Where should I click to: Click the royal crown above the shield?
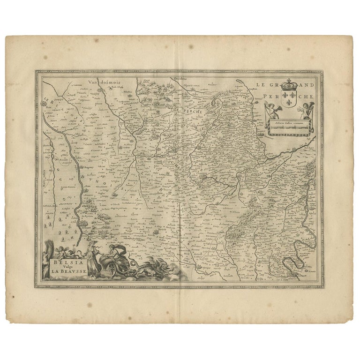click(x=292, y=85)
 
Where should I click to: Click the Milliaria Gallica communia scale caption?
click(x=287, y=121)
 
